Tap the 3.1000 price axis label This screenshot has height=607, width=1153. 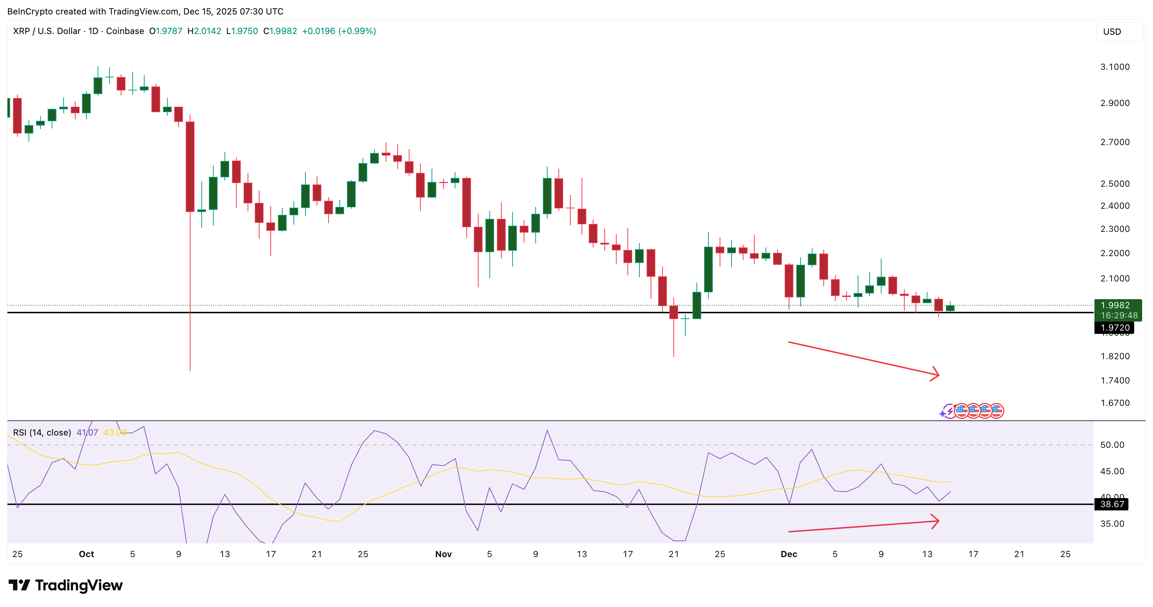tap(1115, 67)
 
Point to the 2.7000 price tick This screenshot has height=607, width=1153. tap(1115, 142)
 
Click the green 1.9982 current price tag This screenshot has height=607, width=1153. tap(1118, 310)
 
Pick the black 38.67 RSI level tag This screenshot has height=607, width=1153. tap(1112, 504)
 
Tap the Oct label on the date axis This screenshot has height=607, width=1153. tap(86, 554)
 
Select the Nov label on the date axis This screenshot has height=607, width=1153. tap(443, 554)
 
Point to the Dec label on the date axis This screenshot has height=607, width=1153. tap(789, 554)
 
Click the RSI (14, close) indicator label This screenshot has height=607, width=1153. tap(42, 432)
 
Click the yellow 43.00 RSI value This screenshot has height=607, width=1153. tap(115, 432)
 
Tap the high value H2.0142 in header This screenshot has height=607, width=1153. tap(204, 31)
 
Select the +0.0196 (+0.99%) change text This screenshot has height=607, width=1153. tap(339, 31)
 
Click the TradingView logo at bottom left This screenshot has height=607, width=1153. tap(65, 585)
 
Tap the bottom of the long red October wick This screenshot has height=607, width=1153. tap(190, 370)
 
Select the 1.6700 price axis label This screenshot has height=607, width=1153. tap(1115, 403)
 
